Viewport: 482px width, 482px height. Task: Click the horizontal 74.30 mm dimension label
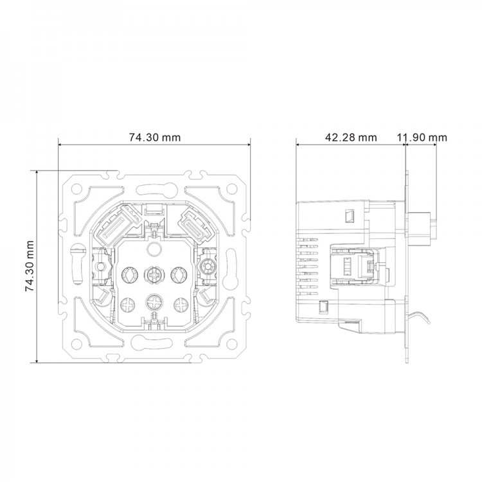154,137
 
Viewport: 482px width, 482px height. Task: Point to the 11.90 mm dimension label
422,137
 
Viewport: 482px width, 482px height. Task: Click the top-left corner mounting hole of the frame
77,190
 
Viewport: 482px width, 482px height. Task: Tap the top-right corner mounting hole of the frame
229,190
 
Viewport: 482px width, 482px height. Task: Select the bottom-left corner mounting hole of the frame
77,343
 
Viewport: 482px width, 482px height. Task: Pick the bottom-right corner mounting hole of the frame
229,343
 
